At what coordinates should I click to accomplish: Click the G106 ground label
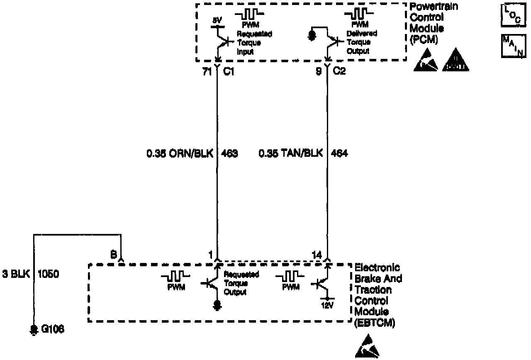53,329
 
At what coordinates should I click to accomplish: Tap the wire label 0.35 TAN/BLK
290,153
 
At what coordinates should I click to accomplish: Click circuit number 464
339,153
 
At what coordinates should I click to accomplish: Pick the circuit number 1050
49,274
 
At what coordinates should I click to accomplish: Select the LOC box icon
511,12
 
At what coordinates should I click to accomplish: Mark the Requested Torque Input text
254,43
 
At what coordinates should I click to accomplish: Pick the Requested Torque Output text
241,283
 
